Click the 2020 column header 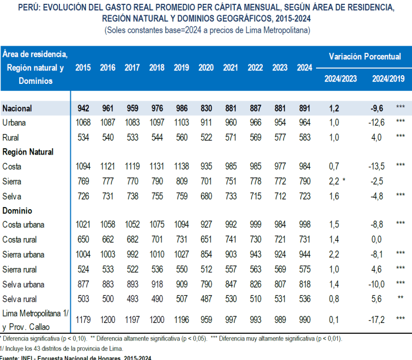click(x=206, y=68)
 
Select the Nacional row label click(x=17, y=108)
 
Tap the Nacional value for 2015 click(x=83, y=108)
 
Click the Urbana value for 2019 click(x=181, y=122)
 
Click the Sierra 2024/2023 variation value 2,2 click(x=334, y=181)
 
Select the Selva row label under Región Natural click(x=12, y=196)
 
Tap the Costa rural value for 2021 click(x=231, y=240)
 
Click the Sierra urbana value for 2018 click(x=157, y=254)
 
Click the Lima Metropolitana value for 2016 click(x=107, y=318)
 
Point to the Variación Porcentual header click(x=365, y=56)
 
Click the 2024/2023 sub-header click(x=341, y=78)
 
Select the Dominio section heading click(x=17, y=210)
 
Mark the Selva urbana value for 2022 click(x=255, y=284)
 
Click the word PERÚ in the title click(x=29, y=8)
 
